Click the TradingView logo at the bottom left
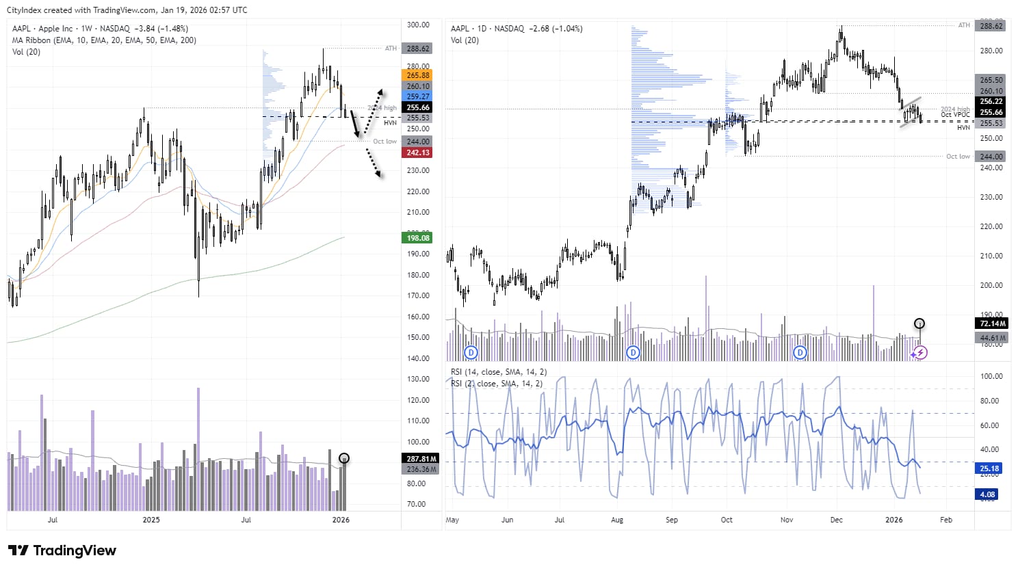[x=62, y=550]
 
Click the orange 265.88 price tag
[x=417, y=75]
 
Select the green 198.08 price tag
[x=417, y=238]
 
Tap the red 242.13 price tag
[x=417, y=152]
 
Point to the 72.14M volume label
[x=991, y=323]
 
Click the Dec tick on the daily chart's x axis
[x=836, y=520]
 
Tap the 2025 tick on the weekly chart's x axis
[x=151, y=520]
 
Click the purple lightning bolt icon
[x=921, y=353]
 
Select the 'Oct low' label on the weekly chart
[x=384, y=142]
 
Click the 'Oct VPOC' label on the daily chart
[x=955, y=115]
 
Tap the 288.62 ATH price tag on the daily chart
[x=991, y=26]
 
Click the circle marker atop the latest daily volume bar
[x=919, y=323]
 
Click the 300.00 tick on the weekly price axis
[x=418, y=25]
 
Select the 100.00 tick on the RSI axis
[x=991, y=376]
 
